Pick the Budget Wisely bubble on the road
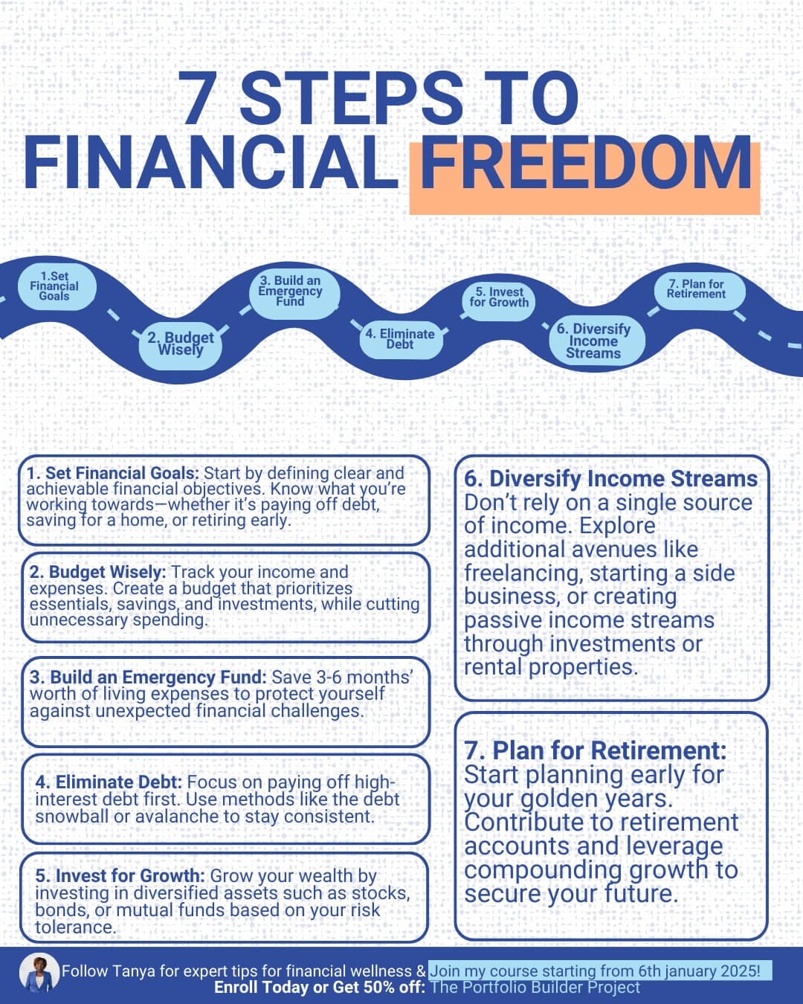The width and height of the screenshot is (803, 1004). [x=180, y=345]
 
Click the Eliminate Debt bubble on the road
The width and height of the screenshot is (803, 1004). [x=401, y=340]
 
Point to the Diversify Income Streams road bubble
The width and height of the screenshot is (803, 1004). [x=596, y=341]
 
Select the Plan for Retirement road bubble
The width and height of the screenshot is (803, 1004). [x=699, y=290]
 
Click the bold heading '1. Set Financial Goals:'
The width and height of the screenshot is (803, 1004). [x=113, y=473]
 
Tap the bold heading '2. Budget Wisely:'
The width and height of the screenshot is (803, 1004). [x=98, y=572]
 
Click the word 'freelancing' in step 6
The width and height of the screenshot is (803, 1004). [x=523, y=573]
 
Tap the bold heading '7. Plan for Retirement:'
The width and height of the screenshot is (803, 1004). [x=596, y=750]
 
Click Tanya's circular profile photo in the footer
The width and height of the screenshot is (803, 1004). [x=39, y=972]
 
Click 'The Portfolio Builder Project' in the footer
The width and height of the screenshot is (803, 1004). [x=535, y=987]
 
